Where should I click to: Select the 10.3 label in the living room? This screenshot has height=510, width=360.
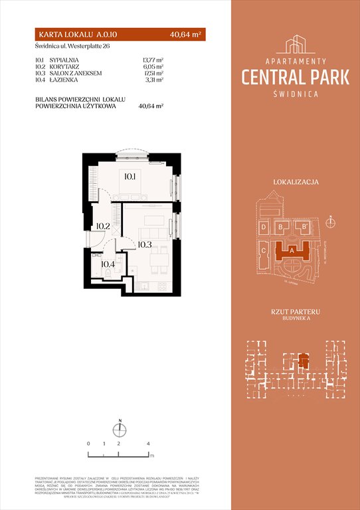click(x=146, y=244)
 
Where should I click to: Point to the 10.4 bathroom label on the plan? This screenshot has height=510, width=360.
click(x=108, y=264)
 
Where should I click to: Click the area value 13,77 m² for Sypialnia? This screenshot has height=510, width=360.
click(x=153, y=59)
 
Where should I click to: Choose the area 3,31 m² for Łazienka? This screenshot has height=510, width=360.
click(x=154, y=80)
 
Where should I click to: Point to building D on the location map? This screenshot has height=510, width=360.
click(x=264, y=228)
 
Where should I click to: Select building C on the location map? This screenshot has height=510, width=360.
click(x=264, y=251)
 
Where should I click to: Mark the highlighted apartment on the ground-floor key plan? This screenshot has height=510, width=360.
click(x=302, y=361)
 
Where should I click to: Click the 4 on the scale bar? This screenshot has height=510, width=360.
click(x=149, y=442)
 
